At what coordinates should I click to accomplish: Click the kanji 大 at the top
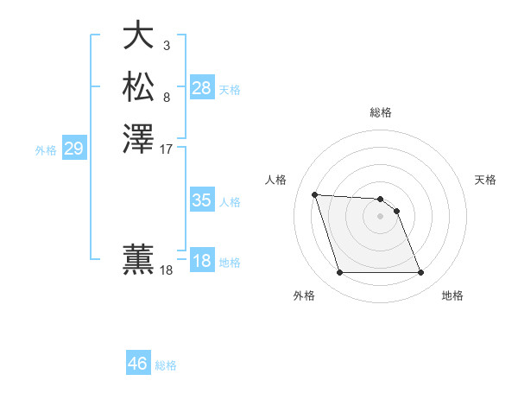click(139, 35)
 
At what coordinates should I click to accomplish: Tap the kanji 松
click(139, 87)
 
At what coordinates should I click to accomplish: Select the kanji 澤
click(139, 139)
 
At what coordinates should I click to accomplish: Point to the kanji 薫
click(139, 260)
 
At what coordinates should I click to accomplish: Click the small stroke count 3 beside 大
click(166, 45)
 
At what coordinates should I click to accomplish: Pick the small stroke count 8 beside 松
click(166, 97)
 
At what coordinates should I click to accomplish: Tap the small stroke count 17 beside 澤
click(166, 149)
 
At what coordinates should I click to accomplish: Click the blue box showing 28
click(202, 88)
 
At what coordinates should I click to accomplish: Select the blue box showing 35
click(202, 200)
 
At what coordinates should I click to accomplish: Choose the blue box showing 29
click(73, 149)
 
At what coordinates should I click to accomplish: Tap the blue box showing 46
click(137, 364)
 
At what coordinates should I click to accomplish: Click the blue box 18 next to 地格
click(202, 261)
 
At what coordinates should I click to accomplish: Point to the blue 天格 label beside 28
click(230, 89)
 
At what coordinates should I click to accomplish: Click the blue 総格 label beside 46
click(166, 365)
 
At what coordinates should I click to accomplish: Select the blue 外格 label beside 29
click(46, 149)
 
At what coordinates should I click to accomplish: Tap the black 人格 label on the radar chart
click(276, 180)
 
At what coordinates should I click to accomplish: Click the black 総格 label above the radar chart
click(381, 112)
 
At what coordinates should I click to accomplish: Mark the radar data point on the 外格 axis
click(339, 273)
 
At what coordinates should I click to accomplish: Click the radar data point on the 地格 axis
click(420, 273)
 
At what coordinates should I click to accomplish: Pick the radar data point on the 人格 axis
click(314, 194)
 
